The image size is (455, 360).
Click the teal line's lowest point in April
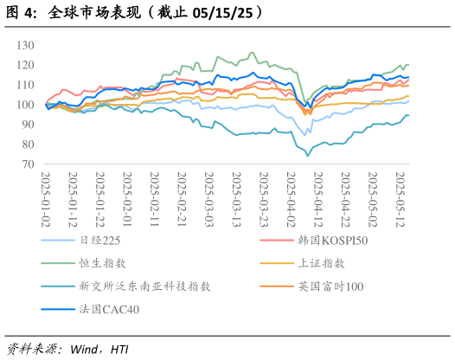[308, 156]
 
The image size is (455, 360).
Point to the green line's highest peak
[252, 52]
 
